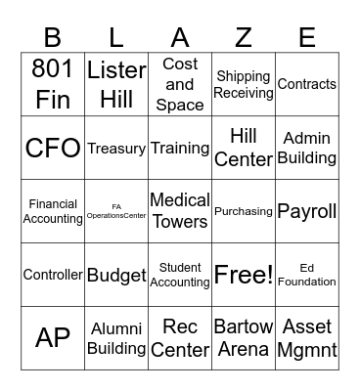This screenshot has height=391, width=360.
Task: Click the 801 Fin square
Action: tap(53, 84)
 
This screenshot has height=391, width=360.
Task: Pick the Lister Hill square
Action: tap(116, 84)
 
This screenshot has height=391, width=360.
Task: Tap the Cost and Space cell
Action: tap(180, 84)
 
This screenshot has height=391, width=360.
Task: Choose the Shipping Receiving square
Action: tap(244, 84)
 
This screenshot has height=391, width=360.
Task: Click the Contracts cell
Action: tap(307, 84)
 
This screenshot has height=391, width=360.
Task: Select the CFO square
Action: tap(53, 148)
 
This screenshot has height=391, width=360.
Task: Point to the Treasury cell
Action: tap(116, 148)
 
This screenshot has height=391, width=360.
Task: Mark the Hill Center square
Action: tap(244, 148)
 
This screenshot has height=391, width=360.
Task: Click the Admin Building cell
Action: tap(307, 148)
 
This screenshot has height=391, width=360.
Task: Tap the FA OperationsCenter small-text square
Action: tap(116, 211)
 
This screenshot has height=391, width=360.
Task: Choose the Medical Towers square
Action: tap(180, 211)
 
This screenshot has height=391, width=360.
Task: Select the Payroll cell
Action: tap(307, 211)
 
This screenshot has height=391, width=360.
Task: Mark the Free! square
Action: tap(244, 275)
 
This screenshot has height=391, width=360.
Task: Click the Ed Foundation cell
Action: tap(307, 275)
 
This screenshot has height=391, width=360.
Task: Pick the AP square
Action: tap(53, 337)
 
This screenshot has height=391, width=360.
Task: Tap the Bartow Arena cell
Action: tap(244, 337)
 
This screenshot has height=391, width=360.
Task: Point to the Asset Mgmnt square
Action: tap(307, 337)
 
